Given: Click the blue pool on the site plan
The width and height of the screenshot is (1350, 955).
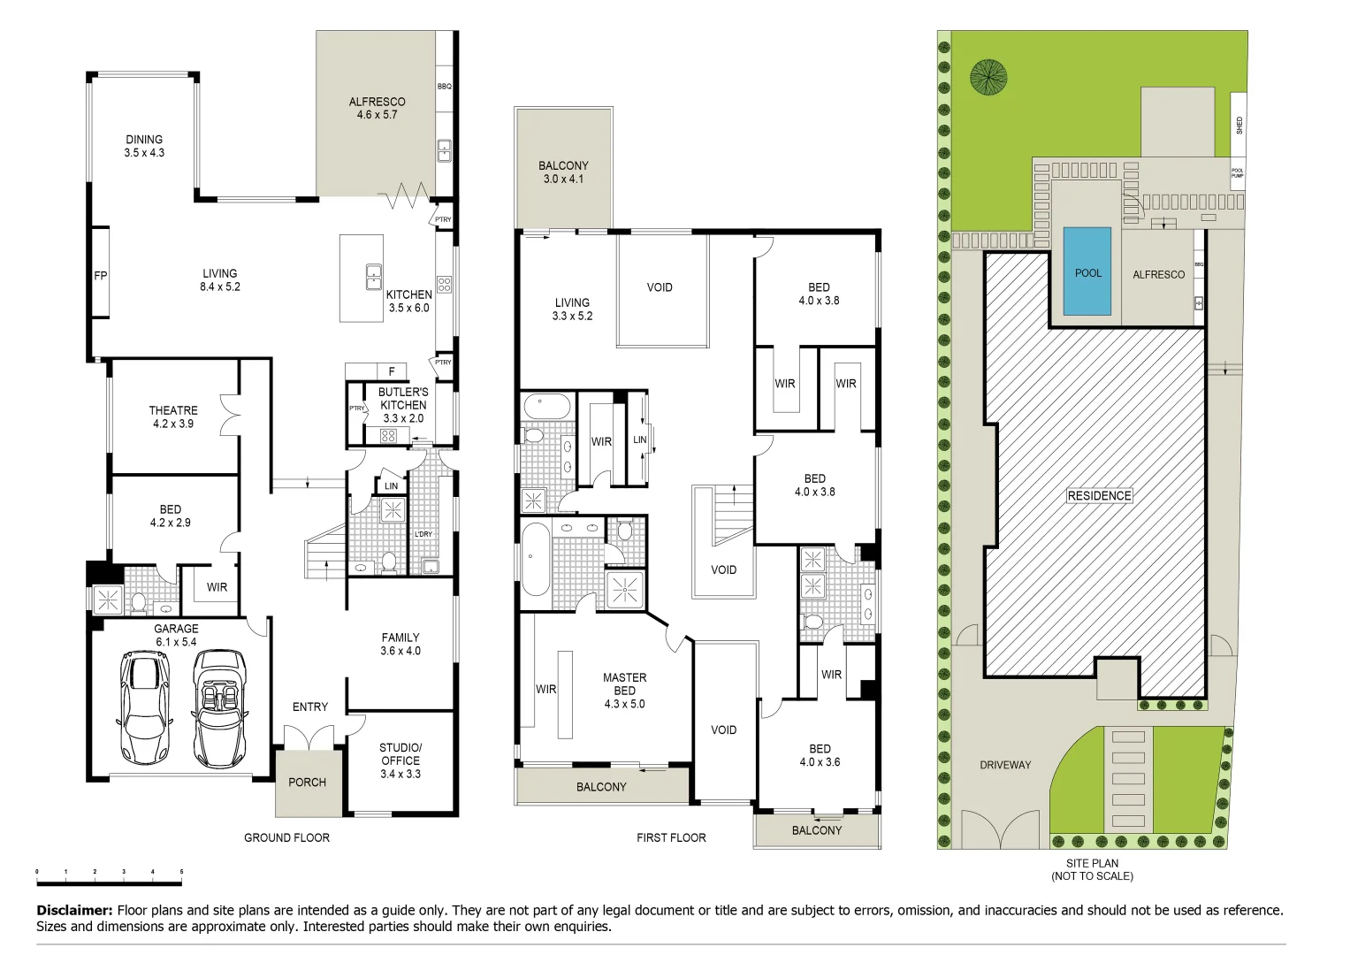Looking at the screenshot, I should pyautogui.click(x=1087, y=271).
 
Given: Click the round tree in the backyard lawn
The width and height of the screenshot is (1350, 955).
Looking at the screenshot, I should pyautogui.click(x=988, y=77).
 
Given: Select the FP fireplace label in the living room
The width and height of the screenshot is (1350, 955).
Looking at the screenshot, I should pyautogui.click(x=101, y=276).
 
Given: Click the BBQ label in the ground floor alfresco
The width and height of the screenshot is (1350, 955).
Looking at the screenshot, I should pyautogui.click(x=444, y=87).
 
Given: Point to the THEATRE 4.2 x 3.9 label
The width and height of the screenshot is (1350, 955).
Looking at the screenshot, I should pyautogui.click(x=173, y=416).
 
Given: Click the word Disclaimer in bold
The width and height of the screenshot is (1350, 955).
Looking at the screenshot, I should pyautogui.click(x=74, y=910).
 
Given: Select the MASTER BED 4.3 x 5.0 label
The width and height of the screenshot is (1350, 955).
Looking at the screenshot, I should pyautogui.click(x=624, y=691).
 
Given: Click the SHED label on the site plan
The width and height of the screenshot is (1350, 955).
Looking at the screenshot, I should pyautogui.click(x=1239, y=125).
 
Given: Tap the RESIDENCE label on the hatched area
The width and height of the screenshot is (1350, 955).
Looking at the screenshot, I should pyautogui.click(x=1099, y=495).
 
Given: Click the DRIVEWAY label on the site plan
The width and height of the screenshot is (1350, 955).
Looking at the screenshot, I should pyautogui.click(x=1005, y=765).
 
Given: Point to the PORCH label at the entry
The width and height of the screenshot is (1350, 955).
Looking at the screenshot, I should pyautogui.click(x=307, y=782).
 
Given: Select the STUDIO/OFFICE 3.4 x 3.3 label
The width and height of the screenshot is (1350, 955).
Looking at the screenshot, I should pyautogui.click(x=400, y=760).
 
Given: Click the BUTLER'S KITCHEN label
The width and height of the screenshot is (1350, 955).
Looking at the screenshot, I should pyautogui.click(x=403, y=404).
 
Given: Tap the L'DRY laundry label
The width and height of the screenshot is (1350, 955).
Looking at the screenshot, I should pyautogui.click(x=423, y=534).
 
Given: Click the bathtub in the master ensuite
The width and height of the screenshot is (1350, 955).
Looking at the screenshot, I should pyautogui.click(x=535, y=559).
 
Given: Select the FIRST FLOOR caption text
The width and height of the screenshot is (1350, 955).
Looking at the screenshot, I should pyautogui.click(x=671, y=837).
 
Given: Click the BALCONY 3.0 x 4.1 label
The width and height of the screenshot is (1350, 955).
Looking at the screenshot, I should pyautogui.click(x=563, y=172).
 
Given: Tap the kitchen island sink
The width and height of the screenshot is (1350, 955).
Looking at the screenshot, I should pyautogui.click(x=374, y=278).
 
